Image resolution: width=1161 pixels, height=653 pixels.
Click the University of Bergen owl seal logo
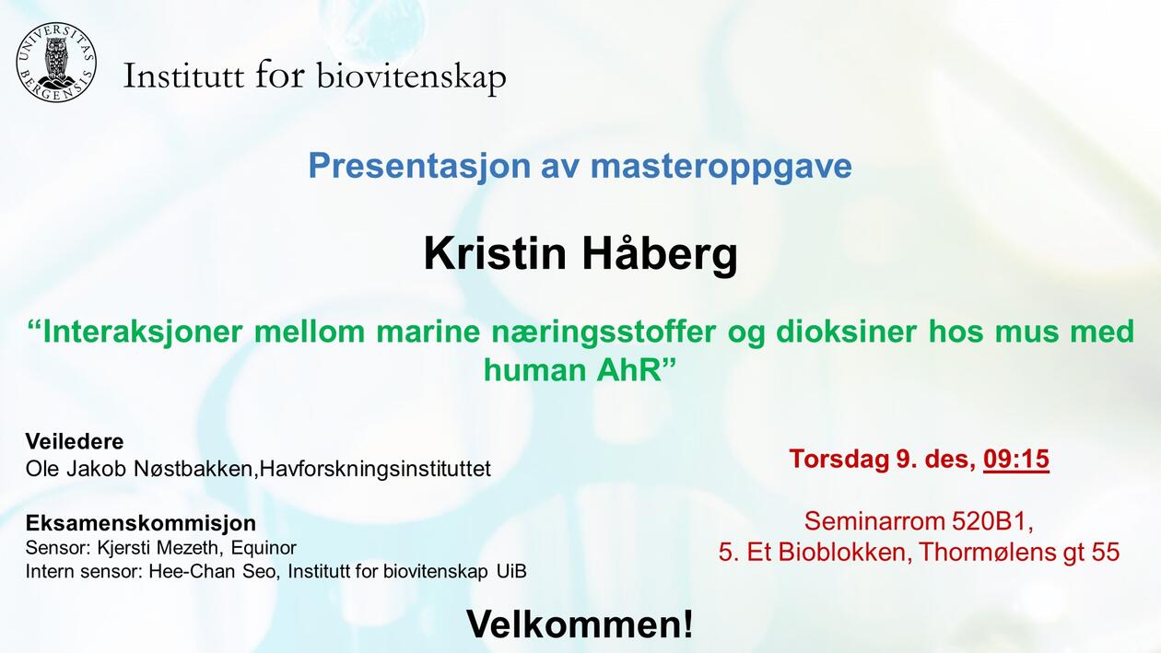click(55, 62)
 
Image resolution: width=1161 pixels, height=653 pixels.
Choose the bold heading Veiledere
click(75, 440)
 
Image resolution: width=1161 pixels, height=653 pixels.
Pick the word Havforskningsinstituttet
click(375, 469)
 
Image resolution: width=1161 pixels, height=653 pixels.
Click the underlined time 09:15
click(1016, 458)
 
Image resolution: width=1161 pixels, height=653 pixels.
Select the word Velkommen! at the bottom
click(580, 624)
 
